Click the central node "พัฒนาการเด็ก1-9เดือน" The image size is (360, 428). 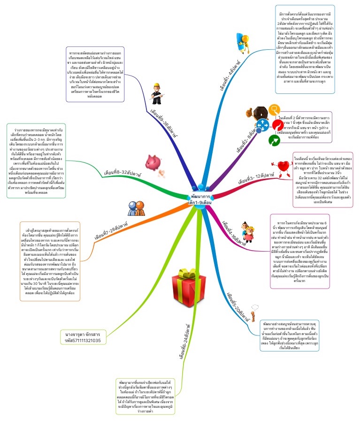(x=197, y=199)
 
